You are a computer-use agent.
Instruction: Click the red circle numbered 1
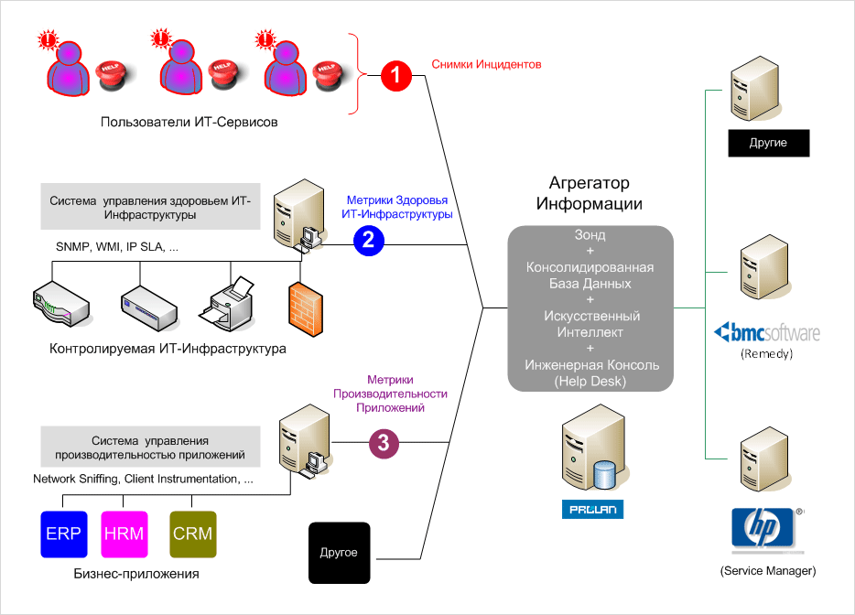(x=395, y=75)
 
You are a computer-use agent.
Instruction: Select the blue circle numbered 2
(x=368, y=240)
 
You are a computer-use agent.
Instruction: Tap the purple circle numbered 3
(x=384, y=444)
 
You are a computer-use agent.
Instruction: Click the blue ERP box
(x=63, y=534)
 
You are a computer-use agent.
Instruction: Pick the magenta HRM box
(x=123, y=534)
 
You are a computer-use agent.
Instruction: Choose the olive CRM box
(x=192, y=534)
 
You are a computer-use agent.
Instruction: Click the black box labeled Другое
(x=339, y=553)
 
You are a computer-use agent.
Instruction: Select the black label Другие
(x=768, y=144)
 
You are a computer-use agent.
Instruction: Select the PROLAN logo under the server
(x=592, y=509)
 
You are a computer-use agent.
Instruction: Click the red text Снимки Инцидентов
(x=487, y=65)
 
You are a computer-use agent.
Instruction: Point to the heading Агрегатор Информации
(x=590, y=193)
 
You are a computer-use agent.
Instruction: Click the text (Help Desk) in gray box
(x=590, y=381)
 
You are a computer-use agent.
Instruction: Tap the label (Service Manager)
(x=767, y=571)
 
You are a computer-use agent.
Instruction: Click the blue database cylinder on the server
(x=603, y=474)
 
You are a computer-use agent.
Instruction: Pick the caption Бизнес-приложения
(x=135, y=574)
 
